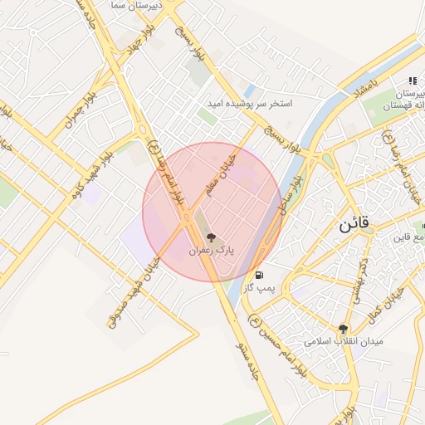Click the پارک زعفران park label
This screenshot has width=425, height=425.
(x=211, y=249)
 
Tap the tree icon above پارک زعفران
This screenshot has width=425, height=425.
(x=211, y=237)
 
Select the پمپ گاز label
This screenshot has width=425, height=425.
(x=259, y=287)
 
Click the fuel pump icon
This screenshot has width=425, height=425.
(x=261, y=275)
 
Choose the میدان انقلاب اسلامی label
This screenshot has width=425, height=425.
(x=343, y=341)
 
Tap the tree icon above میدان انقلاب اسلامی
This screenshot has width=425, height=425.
(x=343, y=329)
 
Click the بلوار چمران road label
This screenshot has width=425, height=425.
(x=85, y=113)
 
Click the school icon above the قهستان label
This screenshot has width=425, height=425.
(x=412, y=81)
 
